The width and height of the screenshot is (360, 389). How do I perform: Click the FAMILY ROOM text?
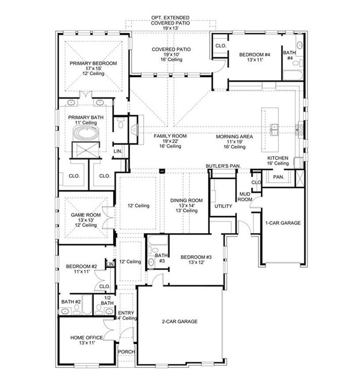[170, 136]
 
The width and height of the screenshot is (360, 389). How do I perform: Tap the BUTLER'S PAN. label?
[223, 166]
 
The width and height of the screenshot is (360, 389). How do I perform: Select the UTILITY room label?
[223, 207]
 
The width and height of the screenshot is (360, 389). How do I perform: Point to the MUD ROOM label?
[245, 197]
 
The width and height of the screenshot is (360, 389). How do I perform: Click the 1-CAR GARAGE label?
[283, 223]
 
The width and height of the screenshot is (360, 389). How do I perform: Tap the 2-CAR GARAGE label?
[179, 322]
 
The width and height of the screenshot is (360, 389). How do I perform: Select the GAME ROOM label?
[85, 215]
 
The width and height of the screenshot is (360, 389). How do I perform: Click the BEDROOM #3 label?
[196, 257]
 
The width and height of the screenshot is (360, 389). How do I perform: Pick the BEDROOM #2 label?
[81, 266]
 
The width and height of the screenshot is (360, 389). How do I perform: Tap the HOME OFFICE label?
[87, 338]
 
